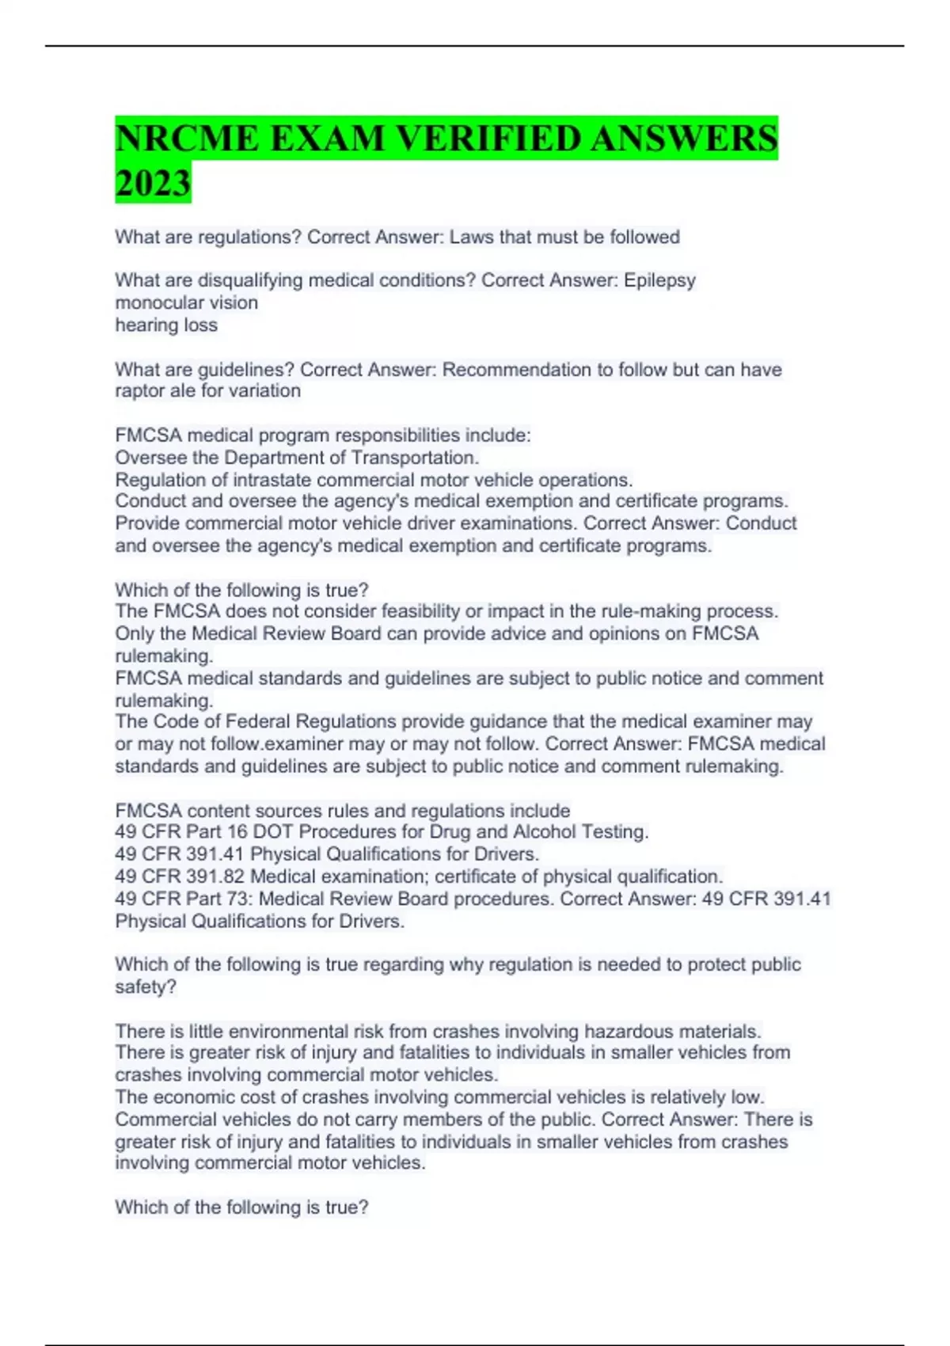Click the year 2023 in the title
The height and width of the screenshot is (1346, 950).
[x=153, y=183]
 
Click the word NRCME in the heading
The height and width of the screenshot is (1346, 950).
[x=187, y=139]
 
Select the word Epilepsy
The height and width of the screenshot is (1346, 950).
[x=659, y=280]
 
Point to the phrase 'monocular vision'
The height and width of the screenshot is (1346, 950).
[x=186, y=302]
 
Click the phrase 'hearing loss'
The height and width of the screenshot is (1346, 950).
[x=166, y=325]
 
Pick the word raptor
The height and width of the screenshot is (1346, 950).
[x=139, y=391]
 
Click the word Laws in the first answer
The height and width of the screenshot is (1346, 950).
[x=472, y=238]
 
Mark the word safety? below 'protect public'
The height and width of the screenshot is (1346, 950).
[x=146, y=987]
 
